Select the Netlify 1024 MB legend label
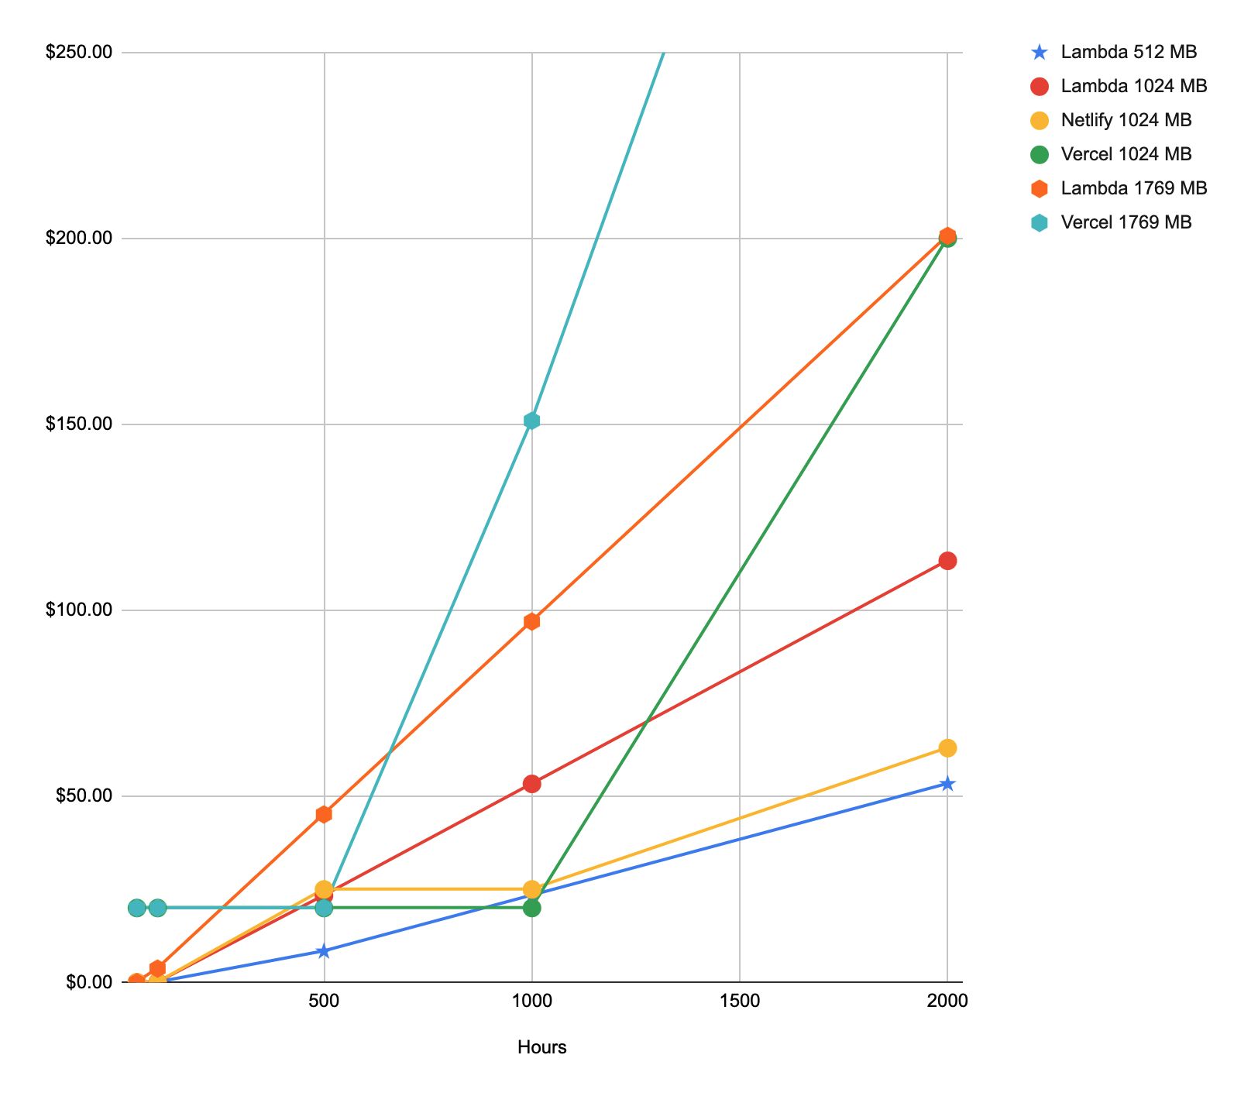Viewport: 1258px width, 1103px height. point(1126,120)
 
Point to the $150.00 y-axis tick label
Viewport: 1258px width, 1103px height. point(79,424)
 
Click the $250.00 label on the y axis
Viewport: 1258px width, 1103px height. point(79,52)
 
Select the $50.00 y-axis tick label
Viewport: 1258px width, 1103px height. point(84,795)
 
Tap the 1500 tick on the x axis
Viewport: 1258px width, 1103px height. point(739,1001)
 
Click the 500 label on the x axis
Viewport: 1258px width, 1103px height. point(324,1001)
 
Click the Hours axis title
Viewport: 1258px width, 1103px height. point(541,1047)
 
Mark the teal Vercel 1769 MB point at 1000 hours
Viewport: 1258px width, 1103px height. point(531,421)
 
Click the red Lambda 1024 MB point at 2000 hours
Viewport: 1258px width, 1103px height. point(947,561)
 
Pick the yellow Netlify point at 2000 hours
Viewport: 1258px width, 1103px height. point(947,748)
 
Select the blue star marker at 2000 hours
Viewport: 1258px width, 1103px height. point(947,784)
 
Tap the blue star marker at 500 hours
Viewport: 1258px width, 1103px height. point(324,951)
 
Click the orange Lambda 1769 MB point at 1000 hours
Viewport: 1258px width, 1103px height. point(531,621)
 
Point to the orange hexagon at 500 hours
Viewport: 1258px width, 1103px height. point(324,814)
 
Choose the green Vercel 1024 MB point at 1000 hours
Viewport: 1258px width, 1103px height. point(531,908)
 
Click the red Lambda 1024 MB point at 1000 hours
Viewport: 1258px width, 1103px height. point(531,784)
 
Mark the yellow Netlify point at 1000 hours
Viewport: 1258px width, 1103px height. point(531,889)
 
